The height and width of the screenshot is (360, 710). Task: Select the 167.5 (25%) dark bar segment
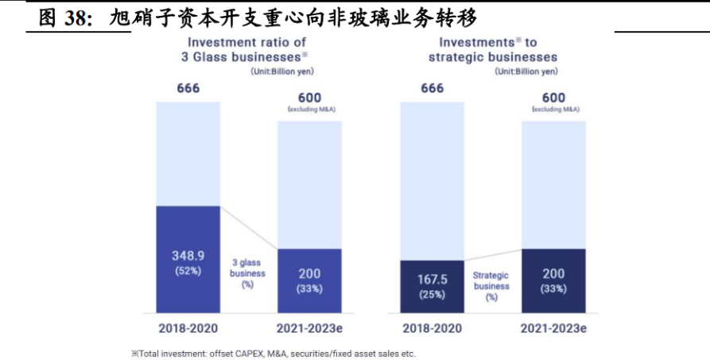click(x=432, y=287)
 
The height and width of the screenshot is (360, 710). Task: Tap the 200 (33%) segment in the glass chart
click(x=309, y=281)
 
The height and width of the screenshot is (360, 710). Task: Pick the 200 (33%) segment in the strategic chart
click(x=553, y=281)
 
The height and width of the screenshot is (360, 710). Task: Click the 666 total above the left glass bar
click(x=188, y=88)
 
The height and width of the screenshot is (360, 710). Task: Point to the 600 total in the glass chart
click(x=310, y=98)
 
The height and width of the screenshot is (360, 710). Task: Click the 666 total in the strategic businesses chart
click(x=432, y=88)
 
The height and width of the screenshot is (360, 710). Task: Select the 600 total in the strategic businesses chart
click(x=553, y=98)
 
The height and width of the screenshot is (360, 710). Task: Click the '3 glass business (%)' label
click(x=248, y=273)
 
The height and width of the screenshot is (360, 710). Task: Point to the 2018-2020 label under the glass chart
click(x=188, y=327)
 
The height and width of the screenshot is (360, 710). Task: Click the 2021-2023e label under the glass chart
click(x=309, y=327)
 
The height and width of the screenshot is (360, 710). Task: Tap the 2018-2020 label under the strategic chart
click(x=432, y=327)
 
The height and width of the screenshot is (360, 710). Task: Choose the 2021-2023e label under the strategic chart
click(x=553, y=327)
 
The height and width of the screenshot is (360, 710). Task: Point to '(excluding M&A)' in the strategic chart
click(x=554, y=110)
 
